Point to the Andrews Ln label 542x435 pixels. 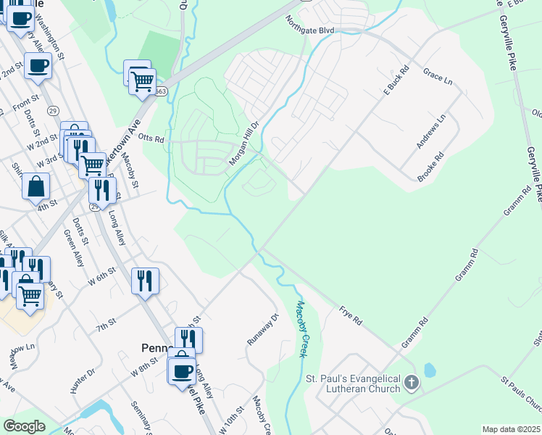click(x=431, y=132)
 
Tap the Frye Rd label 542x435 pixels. click(x=350, y=316)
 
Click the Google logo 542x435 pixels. click(x=24, y=426)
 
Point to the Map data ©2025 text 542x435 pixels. click(x=511, y=429)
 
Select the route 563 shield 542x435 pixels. click(x=160, y=91)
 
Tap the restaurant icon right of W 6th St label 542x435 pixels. click(x=145, y=280)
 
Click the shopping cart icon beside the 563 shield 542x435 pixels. click(x=143, y=80)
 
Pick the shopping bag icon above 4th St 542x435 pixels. click(x=36, y=186)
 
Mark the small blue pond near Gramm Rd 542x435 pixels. click(x=430, y=370)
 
